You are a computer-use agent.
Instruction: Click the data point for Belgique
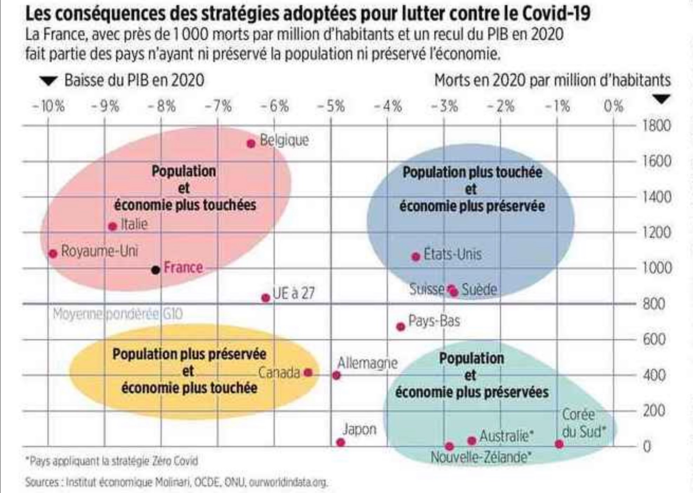[251, 143]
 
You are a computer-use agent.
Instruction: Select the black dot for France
[155, 270]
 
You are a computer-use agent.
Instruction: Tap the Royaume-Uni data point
[53, 254]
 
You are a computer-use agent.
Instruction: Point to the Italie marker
[113, 226]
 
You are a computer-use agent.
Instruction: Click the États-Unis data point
[416, 257]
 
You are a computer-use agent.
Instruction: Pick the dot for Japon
[341, 442]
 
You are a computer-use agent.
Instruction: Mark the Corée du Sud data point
[559, 444]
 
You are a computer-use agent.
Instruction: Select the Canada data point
[308, 372]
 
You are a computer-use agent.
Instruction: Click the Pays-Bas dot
[400, 327]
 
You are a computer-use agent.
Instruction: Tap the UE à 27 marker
[266, 298]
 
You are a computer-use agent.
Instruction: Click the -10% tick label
[49, 107]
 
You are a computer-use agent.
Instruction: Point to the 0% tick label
[613, 107]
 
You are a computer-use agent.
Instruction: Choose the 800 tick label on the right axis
[654, 304]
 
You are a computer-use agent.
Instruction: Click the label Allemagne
[367, 363]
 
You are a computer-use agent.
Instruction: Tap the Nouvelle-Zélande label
[481, 457]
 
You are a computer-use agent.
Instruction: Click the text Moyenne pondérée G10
[118, 314]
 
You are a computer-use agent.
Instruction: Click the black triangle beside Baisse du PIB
[49, 81]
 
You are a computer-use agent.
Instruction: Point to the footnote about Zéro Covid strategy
[112, 461]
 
